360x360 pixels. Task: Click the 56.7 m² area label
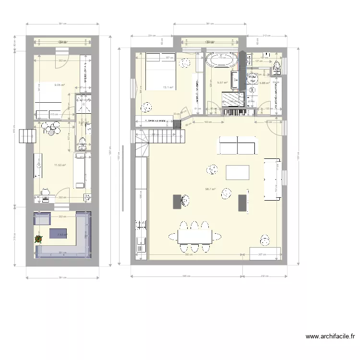coord(210,189)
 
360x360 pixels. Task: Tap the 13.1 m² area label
coord(168,87)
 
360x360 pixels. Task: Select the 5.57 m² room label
coord(223,83)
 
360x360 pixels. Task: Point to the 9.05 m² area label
coord(60,85)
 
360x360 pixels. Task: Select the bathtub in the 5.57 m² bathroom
coord(221,60)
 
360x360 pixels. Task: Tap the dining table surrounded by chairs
coord(195,236)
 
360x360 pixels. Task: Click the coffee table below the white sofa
coord(238,172)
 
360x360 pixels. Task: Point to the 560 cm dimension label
coord(191,254)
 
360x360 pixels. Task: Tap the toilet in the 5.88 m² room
coord(276,68)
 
